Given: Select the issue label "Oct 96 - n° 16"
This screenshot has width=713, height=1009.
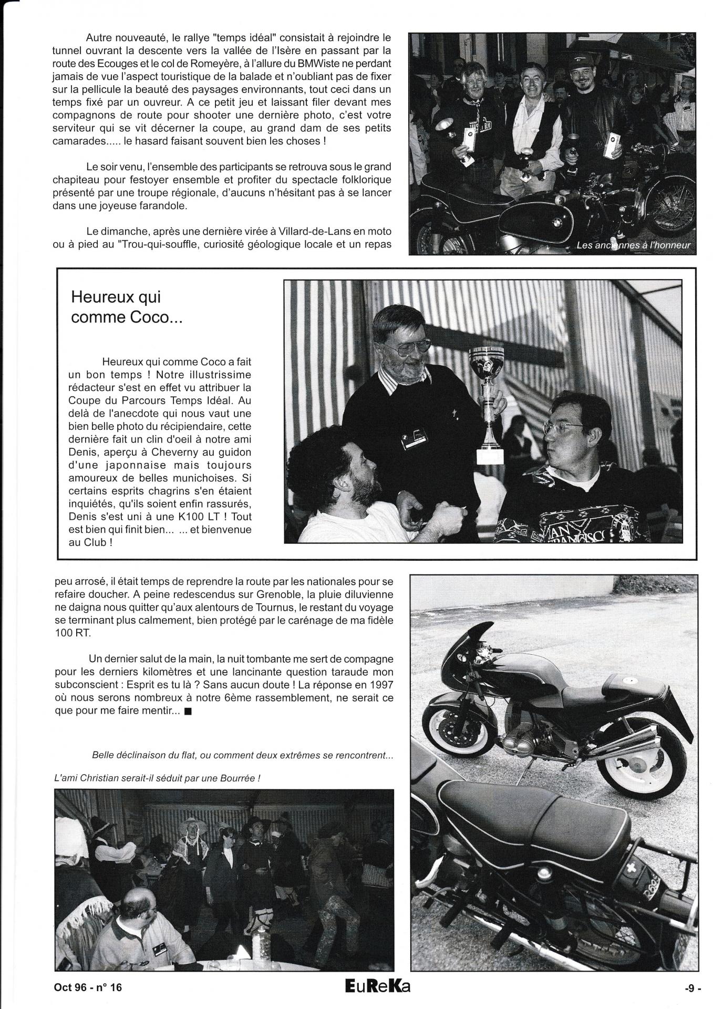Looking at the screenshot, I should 88,987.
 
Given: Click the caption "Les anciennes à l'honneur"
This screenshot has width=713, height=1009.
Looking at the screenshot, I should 633,245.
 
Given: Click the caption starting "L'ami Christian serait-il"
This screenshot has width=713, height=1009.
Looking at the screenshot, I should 158,778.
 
